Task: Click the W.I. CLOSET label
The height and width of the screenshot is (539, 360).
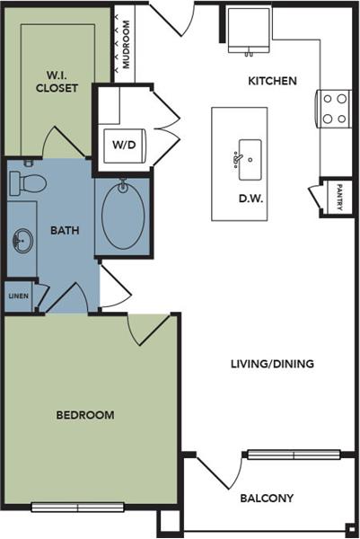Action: [x=57, y=82]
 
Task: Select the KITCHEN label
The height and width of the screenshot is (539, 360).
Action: [x=272, y=81]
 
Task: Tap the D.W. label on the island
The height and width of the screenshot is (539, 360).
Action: [x=250, y=199]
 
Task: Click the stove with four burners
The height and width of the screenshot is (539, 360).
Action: [x=334, y=109]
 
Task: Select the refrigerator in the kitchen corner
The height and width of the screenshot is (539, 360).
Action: [x=248, y=31]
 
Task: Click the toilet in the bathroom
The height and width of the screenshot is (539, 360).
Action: [x=28, y=182]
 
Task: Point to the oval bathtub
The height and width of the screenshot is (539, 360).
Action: [x=122, y=215]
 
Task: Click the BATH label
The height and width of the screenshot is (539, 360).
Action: [x=65, y=230]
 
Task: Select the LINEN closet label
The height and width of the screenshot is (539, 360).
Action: [x=18, y=296]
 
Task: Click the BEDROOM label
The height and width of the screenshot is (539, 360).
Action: [x=85, y=415]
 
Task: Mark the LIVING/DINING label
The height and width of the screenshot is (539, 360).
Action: [x=271, y=364]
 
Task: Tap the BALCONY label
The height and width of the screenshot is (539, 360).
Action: [x=267, y=498]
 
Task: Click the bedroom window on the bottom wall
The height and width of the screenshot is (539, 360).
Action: [x=78, y=508]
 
